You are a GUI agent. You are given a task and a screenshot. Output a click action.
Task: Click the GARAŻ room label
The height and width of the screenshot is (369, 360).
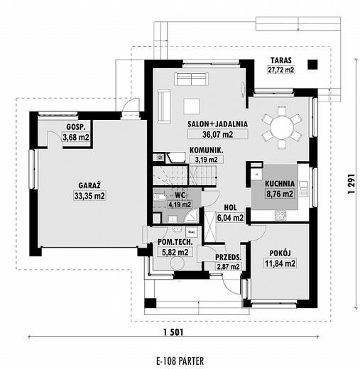(89, 185)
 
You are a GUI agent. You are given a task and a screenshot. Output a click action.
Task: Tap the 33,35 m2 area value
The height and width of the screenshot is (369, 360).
(89, 196)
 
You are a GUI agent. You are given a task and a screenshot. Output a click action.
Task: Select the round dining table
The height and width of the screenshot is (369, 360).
(282, 128)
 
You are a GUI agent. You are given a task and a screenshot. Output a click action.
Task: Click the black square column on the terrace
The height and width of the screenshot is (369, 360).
(312, 65)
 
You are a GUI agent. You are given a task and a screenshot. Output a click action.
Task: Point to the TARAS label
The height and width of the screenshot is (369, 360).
(281, 60)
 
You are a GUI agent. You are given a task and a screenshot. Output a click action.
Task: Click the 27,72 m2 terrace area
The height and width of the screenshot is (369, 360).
(281, 70)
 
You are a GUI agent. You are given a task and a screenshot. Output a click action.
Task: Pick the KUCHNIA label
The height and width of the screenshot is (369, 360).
(280, 184)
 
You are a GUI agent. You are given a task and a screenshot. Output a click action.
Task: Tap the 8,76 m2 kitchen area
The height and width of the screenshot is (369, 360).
(280, 194)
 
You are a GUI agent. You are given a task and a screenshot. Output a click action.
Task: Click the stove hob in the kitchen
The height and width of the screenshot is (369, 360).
(280, 216)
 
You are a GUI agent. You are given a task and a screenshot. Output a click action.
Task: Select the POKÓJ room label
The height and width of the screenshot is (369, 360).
(280, 253)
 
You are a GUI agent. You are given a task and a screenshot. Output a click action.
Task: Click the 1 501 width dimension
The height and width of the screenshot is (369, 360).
(173, 332)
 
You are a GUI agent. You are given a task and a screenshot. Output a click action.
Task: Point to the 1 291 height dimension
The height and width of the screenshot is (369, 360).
(351, 184)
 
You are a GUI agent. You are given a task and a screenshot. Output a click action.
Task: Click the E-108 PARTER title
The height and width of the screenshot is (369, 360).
(180, 361)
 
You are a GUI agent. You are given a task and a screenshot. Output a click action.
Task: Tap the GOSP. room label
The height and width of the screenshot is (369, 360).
(76, 127)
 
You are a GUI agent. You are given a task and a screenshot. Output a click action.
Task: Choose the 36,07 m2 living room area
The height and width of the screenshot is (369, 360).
(218, 134)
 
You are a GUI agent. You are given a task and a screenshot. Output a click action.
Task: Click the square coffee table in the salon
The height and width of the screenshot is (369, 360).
(191, 106)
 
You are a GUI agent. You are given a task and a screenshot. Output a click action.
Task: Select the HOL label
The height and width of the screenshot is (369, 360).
(230, 208)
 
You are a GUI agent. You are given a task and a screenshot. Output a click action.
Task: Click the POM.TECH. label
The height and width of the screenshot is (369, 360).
(175, 242)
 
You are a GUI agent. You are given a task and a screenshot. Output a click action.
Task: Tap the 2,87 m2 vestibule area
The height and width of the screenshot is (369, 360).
(228, 267)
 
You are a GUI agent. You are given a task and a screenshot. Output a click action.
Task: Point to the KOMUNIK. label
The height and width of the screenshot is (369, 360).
(207, 150)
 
